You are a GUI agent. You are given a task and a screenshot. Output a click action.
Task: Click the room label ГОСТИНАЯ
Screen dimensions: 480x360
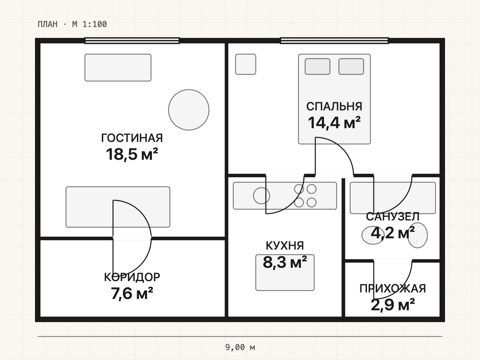click(x=132, y=138)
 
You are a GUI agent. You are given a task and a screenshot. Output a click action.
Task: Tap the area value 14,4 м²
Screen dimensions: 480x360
click(x=334, y=123)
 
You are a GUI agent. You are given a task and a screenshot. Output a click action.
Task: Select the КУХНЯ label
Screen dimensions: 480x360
click(x=285, y=246)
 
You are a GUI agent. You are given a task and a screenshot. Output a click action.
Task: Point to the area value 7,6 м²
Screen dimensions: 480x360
click(x=132, y=293)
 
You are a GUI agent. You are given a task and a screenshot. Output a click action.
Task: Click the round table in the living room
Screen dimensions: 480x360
click(x=189, y=110)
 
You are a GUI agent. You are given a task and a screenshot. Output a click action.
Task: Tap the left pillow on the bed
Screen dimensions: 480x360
click(x=317, y=67)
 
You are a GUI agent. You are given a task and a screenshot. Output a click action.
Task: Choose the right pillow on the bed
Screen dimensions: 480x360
click(x=351, y=67)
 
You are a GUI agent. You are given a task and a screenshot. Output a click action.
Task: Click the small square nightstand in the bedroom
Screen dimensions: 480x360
click(x=245, y=64)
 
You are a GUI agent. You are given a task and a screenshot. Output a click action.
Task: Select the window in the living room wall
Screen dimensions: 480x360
click(x=132, y=41)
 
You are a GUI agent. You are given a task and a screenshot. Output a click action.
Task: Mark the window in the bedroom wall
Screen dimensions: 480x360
click(x=334, y=41)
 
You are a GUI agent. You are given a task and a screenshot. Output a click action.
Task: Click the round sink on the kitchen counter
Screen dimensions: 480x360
click(x=262, y=196)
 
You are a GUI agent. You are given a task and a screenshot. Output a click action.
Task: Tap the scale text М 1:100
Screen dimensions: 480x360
click(x=89, y=24)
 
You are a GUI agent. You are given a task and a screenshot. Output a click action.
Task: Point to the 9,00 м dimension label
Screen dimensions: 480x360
click(x=240, y=347)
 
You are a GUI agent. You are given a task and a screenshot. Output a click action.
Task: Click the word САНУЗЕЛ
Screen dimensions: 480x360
click(x=393, y=217)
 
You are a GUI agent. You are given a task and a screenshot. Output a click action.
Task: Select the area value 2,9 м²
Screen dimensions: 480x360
click(x=393, y=305)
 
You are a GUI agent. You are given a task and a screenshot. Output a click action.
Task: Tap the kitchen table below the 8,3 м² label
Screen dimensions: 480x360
click(x=285, y=273)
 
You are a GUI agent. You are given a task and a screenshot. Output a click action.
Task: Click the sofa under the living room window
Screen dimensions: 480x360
click(x=118, y=68)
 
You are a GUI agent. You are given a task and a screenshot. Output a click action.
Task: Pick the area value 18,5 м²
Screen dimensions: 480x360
click(x=132, y=154)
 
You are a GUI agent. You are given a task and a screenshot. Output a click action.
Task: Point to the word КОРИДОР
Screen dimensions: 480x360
click(x=132, y=277)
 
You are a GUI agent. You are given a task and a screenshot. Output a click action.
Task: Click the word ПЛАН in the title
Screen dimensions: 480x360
click(x=47, y=24)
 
